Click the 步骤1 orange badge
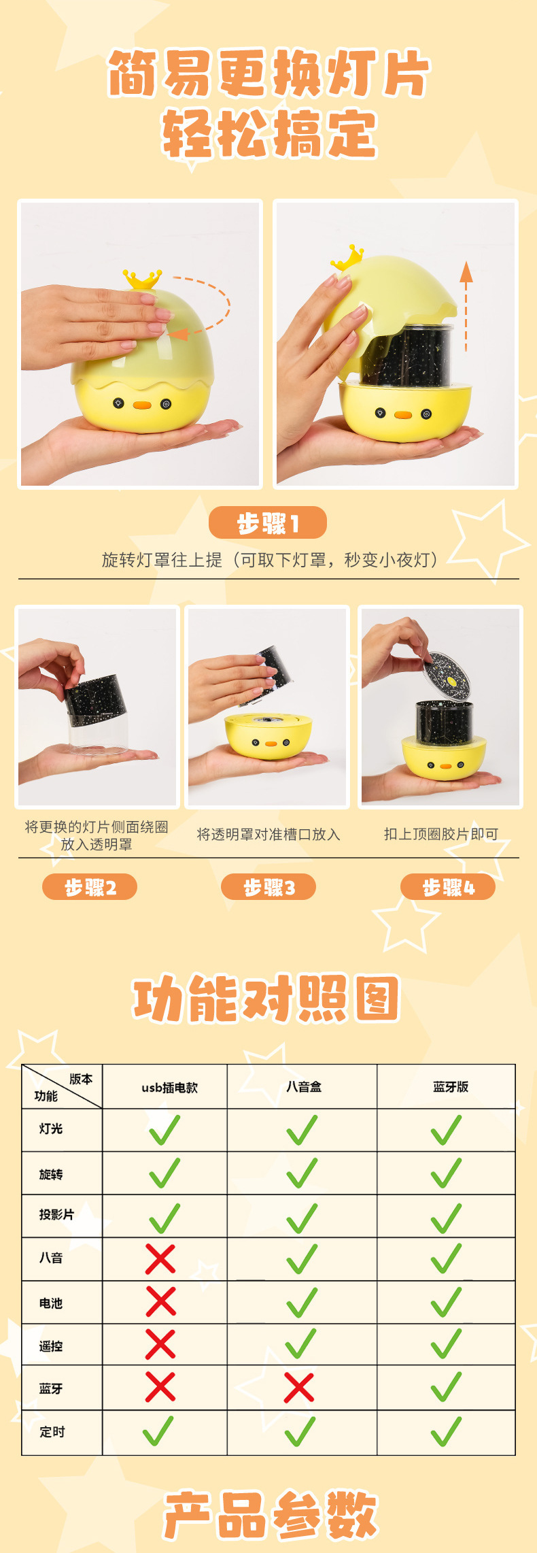[267, 523]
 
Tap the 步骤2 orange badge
[90, 887]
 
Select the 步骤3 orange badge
[268, 887]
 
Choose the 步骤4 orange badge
[448, 887]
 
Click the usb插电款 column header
[169, 1087]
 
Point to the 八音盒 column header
[303, 1086]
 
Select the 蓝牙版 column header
[450, 1086]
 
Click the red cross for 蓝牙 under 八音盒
[299, 1388]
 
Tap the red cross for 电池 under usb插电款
[161, 1302]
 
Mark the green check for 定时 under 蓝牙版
[446, 1431]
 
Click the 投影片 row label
[56, 1214]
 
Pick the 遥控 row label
[51, 1346]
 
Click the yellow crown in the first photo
[142, 278]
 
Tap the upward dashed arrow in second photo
[466, 305]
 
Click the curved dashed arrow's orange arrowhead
[177, 334]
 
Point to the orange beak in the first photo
[142, 405]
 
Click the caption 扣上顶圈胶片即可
[440, 834]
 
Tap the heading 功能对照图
[267, 998]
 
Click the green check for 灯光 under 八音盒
[302, 1130]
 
